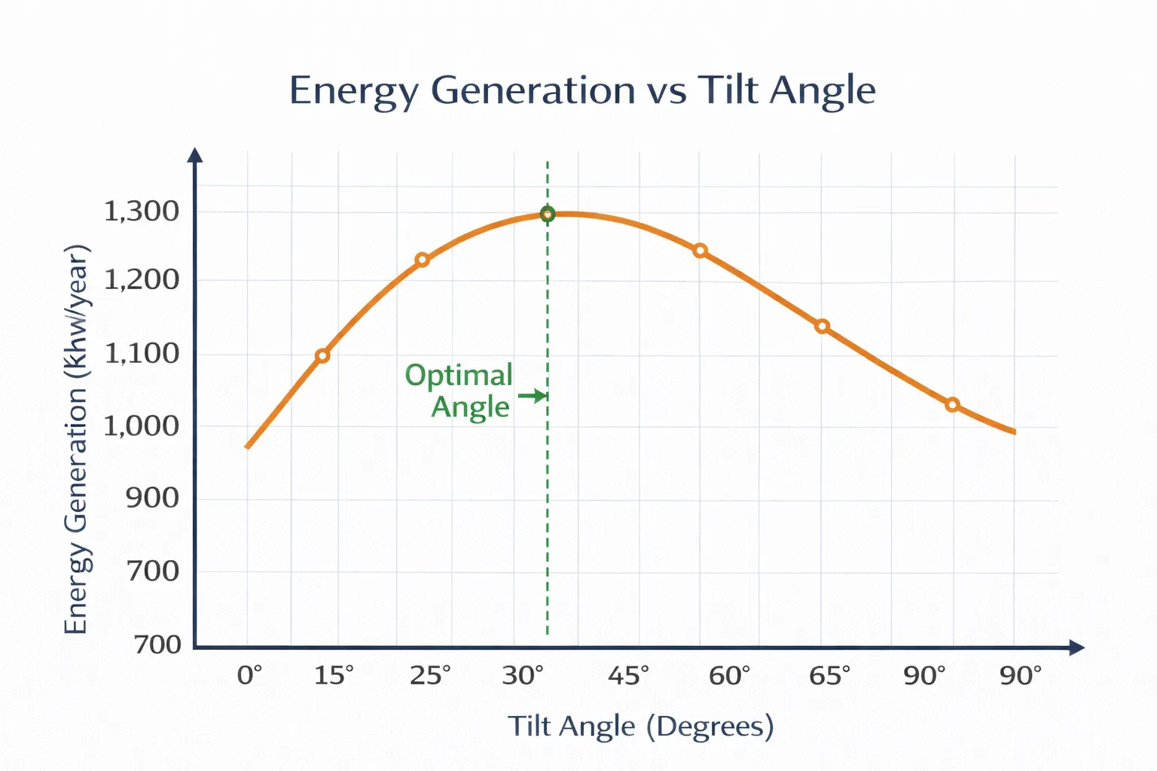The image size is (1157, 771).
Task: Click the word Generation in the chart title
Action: [x=533, y=90]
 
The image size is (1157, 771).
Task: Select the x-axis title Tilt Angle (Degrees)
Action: [x=640, y=727]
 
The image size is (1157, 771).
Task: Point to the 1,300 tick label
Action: [x=142, y=212]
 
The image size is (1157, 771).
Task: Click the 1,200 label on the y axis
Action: [x=142, y=280]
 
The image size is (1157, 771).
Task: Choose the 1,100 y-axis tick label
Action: [x=142, y=353]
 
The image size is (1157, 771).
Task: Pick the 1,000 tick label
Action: [x=142, y=426]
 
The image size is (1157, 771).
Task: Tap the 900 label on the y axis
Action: [x=152, y=498]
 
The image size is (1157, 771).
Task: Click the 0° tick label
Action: [x=249, y=675]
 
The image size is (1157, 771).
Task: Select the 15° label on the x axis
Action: [x=334, y=675]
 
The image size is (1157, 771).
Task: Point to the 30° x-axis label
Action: [x=523, y=675]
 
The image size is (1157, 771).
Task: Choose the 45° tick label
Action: [x=628, y=675]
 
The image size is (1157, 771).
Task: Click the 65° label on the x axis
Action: [x=829, y=675]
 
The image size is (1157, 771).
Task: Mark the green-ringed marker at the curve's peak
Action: [x=548, y=215]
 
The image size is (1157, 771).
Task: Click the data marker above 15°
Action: [x=322, y=355]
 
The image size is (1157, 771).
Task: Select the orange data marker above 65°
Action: [x=823, y=326]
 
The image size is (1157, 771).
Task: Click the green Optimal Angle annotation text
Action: [x=459, y=391]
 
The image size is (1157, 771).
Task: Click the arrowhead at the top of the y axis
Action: [x=195, y=154]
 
